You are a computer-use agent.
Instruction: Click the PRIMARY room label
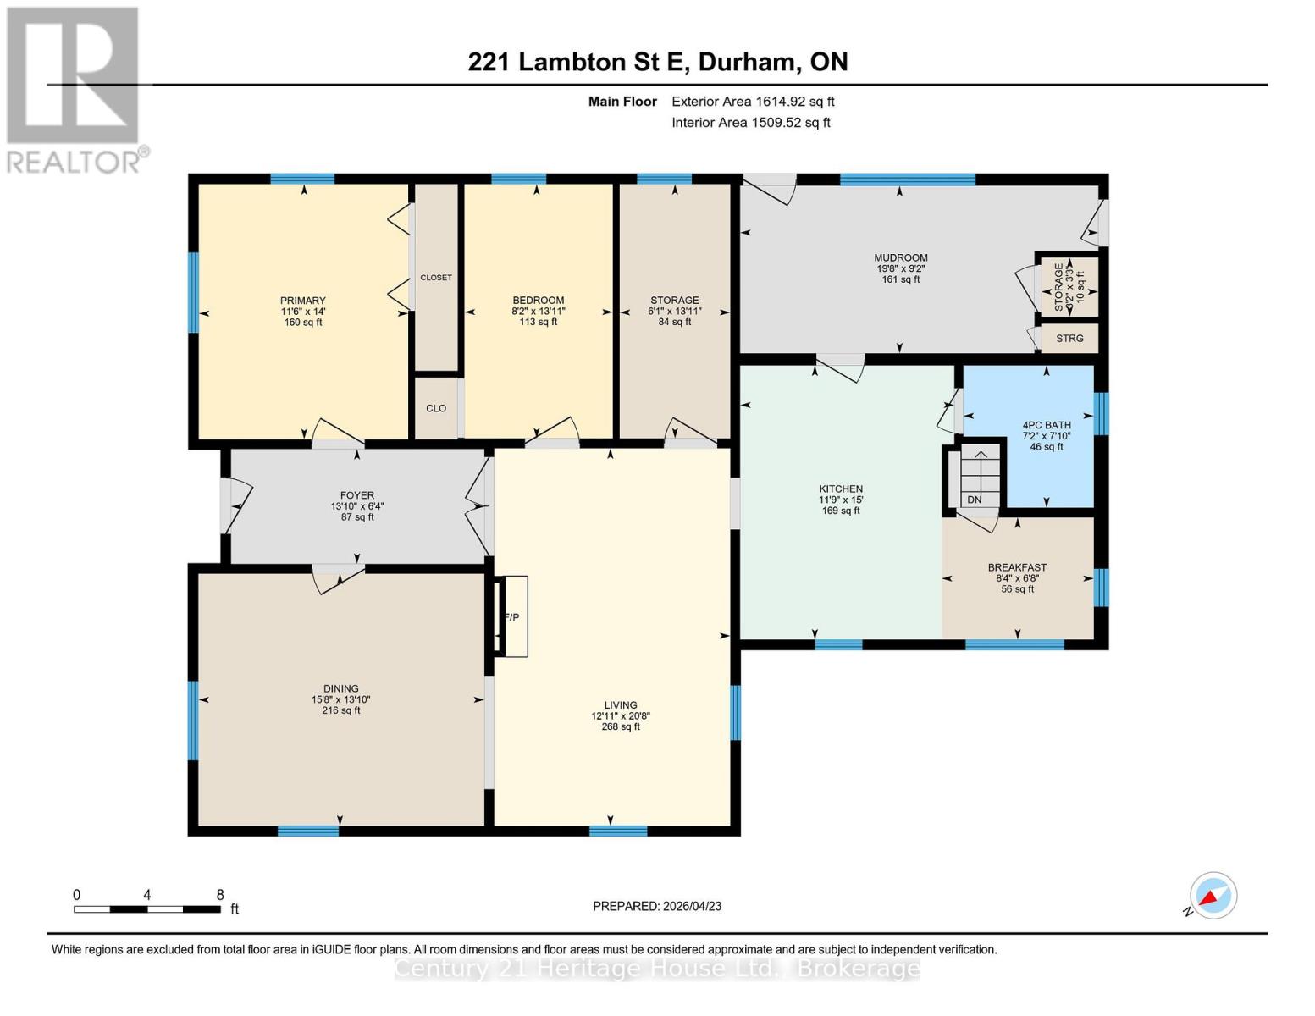[302, 301]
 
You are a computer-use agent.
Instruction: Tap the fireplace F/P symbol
[511, 616]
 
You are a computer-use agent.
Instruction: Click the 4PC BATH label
[1046, 425]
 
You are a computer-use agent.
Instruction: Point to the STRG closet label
[1069, 339]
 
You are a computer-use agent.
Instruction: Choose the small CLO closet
[436, 408]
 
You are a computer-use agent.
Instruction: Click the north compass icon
[1213, 896]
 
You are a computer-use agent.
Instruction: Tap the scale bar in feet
[148, 908]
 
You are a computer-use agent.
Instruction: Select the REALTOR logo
[75, 90]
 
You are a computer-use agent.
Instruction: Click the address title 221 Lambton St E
[657, 62]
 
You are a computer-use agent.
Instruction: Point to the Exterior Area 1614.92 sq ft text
[753, 102]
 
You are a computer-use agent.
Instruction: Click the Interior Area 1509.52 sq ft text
[750, 123]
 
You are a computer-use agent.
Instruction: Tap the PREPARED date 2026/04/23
[657, 906]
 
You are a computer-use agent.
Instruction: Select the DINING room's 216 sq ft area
[340, 710]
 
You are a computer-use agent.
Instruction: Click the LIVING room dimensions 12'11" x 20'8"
[621, 715]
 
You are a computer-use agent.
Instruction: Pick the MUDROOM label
[900, 257]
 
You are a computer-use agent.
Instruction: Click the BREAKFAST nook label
[1017, 567]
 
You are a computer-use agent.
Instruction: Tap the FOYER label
[356, 495]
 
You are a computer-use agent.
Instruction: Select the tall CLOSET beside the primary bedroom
[436, 278]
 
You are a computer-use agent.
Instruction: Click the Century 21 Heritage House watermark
[657, 969]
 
